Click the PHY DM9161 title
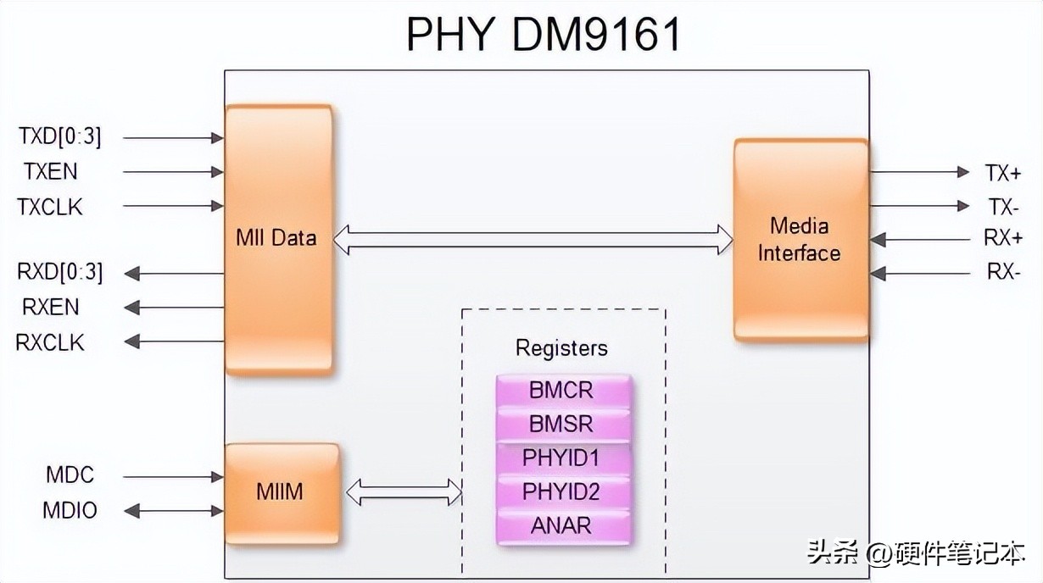click(543, 34)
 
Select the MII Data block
click(277, 238)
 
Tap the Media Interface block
click(800, 240)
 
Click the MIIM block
click(281, 492)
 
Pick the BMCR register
click(562, 391)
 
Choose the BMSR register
click(562, 424)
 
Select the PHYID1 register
click(562, 458)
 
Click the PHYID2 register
click(562, 491)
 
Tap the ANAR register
click(562, 525)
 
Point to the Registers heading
click(561, 348)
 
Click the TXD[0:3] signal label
click(60, 136)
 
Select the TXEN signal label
click(50, 171)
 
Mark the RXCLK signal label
click(50, 342)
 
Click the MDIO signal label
click(70, 511)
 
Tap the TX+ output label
click(1003, 173)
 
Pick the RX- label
click(1003, 273)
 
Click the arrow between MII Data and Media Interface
click(533, 239)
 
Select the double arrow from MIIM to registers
click(404, 491)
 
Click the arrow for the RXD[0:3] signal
click(173, 274)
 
